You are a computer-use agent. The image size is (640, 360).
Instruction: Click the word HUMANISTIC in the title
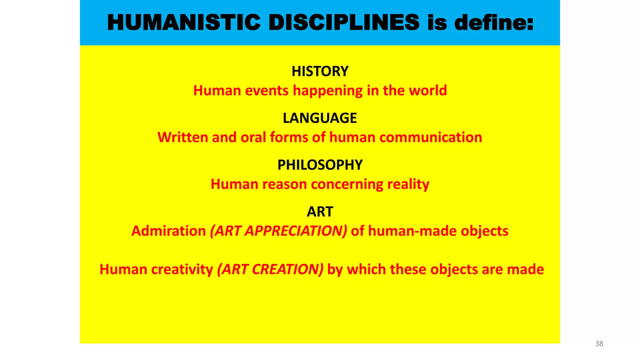pyautogui.click(x=184, y=23)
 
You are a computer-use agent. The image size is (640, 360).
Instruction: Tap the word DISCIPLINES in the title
pyautogui.click(x=344, y=23)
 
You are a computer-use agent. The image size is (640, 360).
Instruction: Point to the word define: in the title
pyautogui.click(x=494, y=23)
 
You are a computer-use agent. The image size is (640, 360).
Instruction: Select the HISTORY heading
pyautogui.click(x=320, y=71)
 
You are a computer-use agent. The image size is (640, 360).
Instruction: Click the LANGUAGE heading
pyautogui.click(x=320, y=118)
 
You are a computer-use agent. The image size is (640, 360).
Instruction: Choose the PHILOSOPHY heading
pyautogui.click(x=320, y=165)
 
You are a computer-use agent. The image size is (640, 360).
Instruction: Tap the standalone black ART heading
pyautogui.click(x=320, y=212)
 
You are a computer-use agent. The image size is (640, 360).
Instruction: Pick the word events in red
pyautogui.click(x=267, y=91)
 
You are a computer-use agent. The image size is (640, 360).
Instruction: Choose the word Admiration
pyautogui.click(x=168, y=231)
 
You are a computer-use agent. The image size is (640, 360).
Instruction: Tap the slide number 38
pyautogui.click(x=599, y=343)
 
